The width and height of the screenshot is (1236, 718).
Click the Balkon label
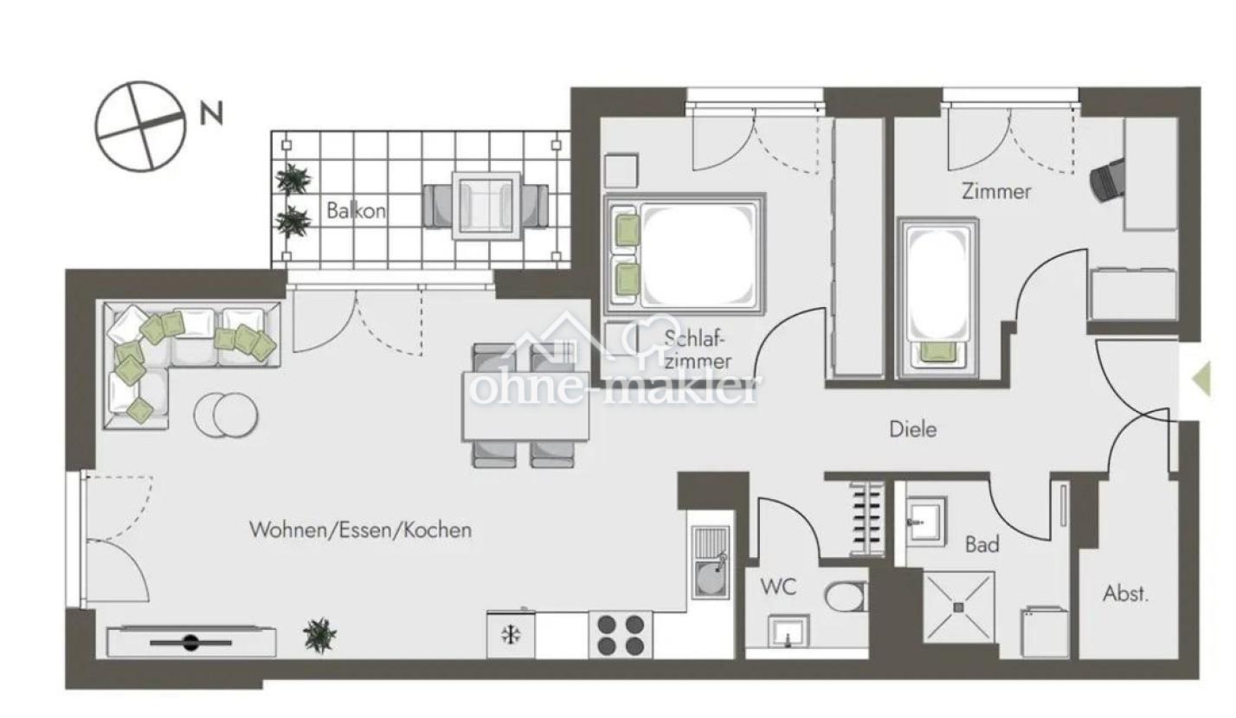tap(356, 210)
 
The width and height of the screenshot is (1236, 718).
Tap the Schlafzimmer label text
tap(698, 349)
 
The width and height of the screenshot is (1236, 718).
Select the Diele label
tap(912, 429)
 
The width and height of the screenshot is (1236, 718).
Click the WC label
tap(778, 587)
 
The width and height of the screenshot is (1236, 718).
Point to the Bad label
tap(982, 545)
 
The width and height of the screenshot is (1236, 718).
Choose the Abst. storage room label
tap(1125, 594)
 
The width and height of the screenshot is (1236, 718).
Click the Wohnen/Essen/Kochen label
tap(360, 530)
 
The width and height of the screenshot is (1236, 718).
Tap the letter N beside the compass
tap(211, 113)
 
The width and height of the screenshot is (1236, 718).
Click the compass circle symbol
tap(141, 126)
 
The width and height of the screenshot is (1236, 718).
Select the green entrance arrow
tap(1203, 379)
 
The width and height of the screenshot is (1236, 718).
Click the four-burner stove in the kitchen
tap(621, 634)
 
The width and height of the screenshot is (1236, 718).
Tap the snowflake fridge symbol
tap(511, 635)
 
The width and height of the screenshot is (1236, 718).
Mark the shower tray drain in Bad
tap(958, 607)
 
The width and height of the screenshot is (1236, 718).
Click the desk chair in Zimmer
tap(1107, 180)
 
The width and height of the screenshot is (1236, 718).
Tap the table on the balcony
tap(486, 206)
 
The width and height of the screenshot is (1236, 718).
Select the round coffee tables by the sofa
tap(226, 414)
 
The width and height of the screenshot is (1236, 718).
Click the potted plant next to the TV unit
tap(320, 635)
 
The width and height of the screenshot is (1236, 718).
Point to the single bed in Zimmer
tap(937, 298)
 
